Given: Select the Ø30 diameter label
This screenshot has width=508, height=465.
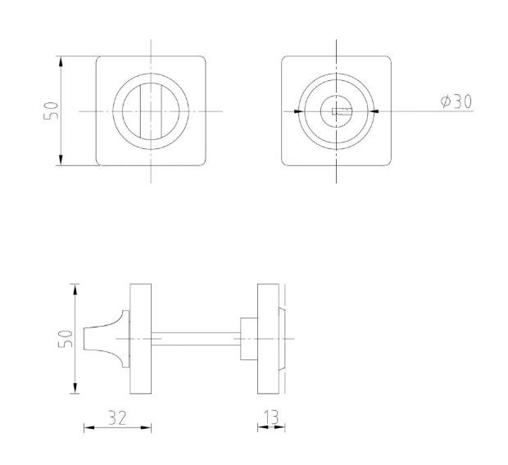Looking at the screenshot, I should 456,102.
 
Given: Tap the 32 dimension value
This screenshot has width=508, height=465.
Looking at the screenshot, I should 117,418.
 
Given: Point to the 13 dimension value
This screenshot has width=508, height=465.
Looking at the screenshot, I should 271,418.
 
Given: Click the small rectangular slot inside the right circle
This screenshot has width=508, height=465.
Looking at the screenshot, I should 338,111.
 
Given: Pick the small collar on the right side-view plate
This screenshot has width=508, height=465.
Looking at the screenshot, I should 247,338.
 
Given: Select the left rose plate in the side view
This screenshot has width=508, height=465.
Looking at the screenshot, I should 140,338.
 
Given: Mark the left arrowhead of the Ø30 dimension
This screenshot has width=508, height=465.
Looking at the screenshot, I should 298,111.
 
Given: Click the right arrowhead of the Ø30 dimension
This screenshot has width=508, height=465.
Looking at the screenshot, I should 374,111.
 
